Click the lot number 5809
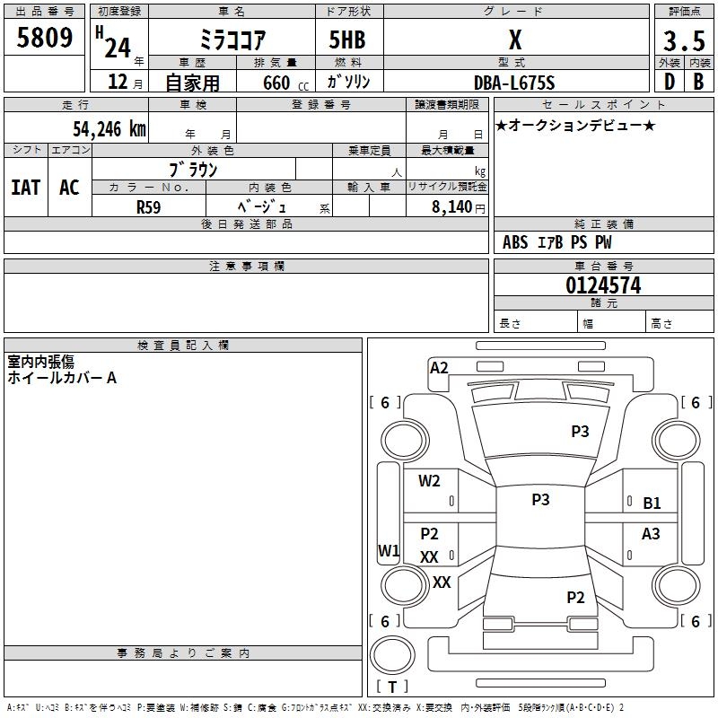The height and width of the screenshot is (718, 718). pos(44,38)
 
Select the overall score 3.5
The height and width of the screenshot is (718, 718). pos(684,41)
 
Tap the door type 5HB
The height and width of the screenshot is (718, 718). pos(347,39)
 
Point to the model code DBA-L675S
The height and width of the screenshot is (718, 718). pos(514,83)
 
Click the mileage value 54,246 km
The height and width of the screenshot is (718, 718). pos(109,129)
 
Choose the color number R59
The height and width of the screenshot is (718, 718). pos(148,207)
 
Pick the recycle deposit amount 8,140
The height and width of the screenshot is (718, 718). pos(452,207)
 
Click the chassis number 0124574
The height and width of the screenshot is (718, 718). pos(603,285)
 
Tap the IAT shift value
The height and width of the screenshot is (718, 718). pos(26,188)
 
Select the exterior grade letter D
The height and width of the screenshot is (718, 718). pos(670,82)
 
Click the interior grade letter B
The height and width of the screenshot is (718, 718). pos(698,82)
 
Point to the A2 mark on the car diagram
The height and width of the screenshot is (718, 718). pos(439,368)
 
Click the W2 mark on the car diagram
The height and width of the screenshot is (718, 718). pos(429,481)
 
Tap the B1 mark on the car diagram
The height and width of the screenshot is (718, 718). pos(652,503)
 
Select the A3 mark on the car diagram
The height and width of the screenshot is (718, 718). pos(651,534)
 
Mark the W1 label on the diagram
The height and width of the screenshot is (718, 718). pos(389,550)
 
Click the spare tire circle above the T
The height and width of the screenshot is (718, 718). pos(392,654)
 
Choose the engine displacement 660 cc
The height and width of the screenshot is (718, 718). pos(285,83)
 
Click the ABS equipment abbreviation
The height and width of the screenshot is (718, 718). pos(515,242)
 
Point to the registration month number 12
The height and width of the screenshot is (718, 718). pos(118,82)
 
